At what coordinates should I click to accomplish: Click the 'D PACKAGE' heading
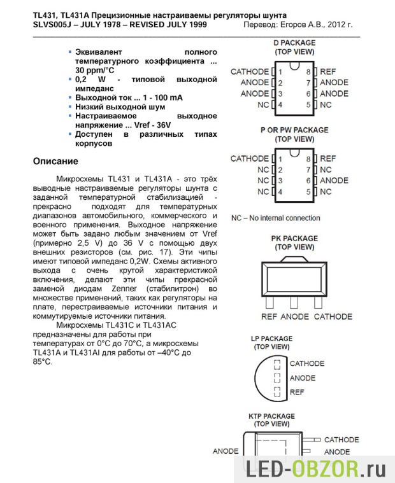294,43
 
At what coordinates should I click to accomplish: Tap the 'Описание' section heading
55,161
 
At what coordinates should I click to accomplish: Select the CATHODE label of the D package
250,71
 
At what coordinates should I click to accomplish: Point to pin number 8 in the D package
308,72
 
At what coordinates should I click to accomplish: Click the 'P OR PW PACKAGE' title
294,130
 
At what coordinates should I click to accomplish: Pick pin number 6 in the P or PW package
308,181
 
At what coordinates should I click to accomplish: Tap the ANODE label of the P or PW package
334,181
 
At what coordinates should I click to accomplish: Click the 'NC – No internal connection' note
275,218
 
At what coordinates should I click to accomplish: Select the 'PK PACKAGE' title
294,238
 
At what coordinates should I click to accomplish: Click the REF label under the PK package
269,316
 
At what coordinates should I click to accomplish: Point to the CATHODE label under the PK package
333,316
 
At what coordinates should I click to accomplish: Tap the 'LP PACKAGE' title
271,339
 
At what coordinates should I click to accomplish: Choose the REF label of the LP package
297,393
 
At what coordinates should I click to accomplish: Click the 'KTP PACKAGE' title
271,416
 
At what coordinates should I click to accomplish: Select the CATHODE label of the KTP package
341,440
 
